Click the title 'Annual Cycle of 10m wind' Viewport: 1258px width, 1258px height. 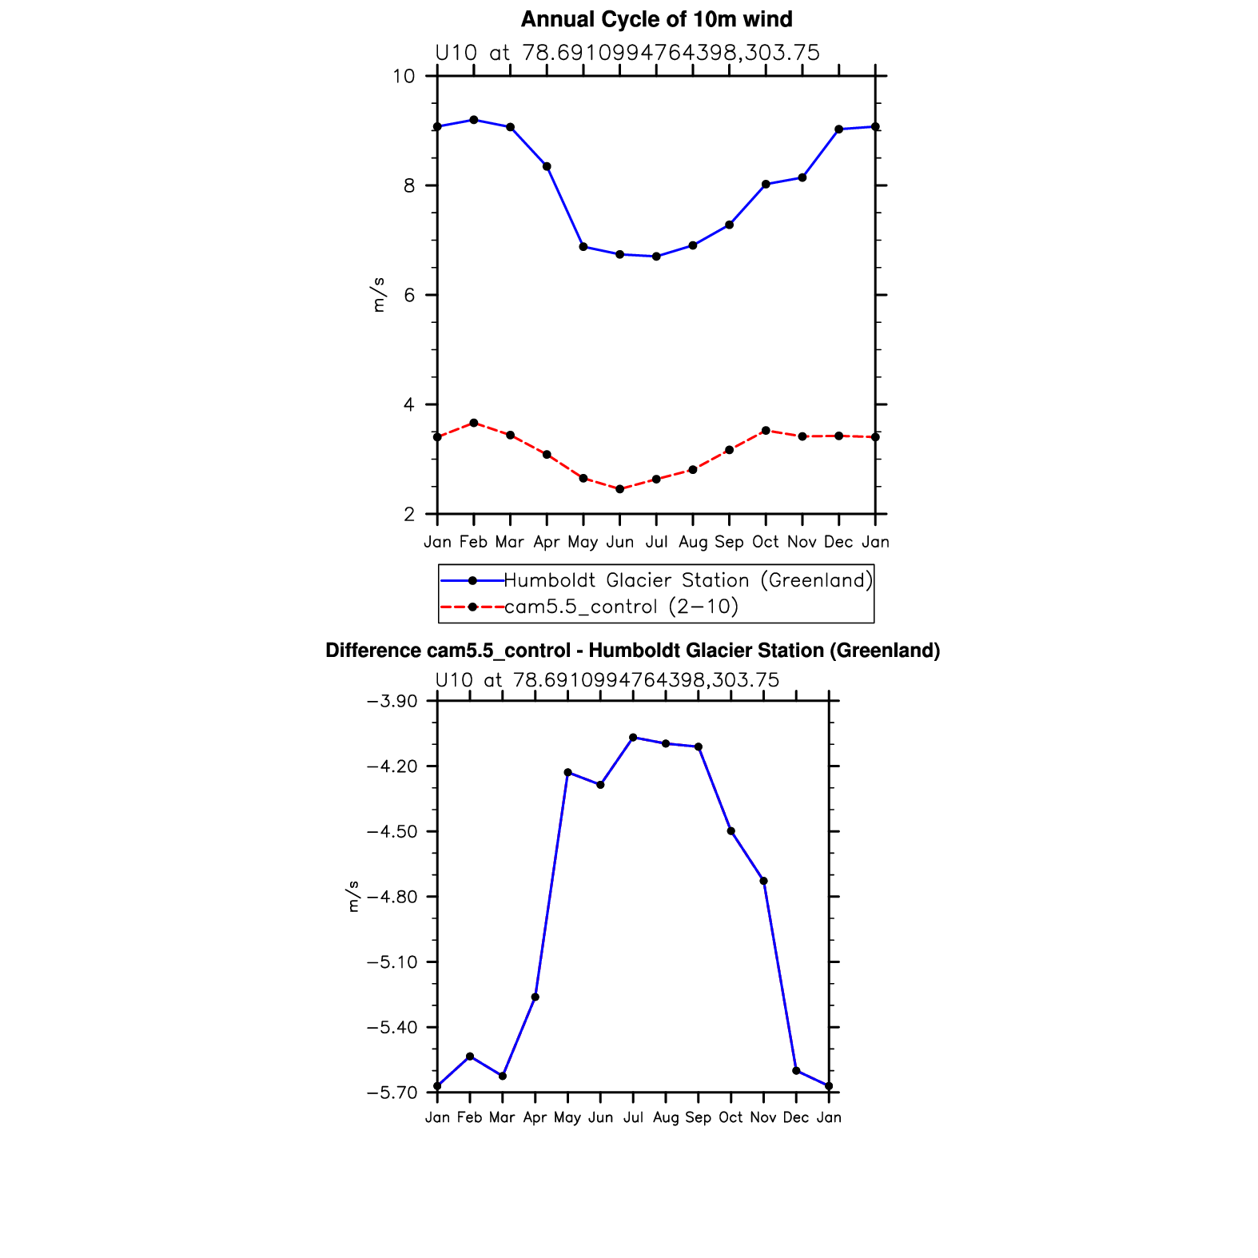pyautogui.click(x=656, y=19)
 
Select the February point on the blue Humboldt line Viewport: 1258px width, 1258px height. pyautogui.click(x=474, y=120)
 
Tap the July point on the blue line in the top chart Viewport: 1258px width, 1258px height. pyautogui.click(x=656, y=257)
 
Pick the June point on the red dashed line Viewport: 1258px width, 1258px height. pyautogui.click(x=619, y=489)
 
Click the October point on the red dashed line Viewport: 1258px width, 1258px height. pyautogui.click(x=766, y=431)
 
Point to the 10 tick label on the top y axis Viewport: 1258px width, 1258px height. pyautogui.click(x=404, y=76)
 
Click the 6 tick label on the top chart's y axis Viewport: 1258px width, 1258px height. pyautogui.click(x=409, y=295)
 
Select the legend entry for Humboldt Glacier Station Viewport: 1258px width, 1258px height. pyautogui.click(x=687, y=580)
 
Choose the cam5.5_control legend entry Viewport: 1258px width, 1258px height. pyautogui.click(x=621, y=607)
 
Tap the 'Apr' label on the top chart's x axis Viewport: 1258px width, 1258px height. pyautogui.click(x=547, y=543)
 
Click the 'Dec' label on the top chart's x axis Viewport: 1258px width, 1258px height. pyautogui.click(x=838, y=542)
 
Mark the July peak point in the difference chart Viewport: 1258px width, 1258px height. pyautogui.click(x=633, y=737)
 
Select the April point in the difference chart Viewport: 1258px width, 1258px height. pyautogui.click(x=535, y=997)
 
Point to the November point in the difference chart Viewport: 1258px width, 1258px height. pyautogui.click(x=763, y=881)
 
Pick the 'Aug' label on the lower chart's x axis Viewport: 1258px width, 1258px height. pyautogui.click(x=665, y=1117)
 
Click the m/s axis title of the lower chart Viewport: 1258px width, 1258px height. pyautogui.click(x=353, y=896)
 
